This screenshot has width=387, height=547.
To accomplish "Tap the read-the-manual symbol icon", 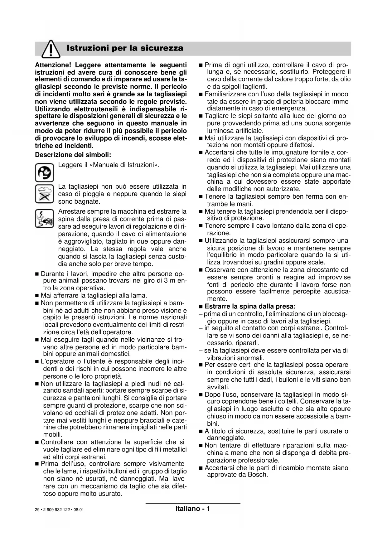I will click(x=44, y=172).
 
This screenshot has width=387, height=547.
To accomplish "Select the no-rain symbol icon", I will click(x=44, y=194).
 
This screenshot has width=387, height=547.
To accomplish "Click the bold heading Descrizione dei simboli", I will click(x=73, y=155).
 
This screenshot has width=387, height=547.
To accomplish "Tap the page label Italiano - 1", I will click(x=192, y=509).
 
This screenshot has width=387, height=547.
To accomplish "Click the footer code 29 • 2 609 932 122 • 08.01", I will click(x=59, y=510).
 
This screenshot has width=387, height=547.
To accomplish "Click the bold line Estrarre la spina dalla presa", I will click(x=250, y=307).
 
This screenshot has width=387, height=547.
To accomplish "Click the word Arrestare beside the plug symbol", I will click(x=71, y=212).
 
